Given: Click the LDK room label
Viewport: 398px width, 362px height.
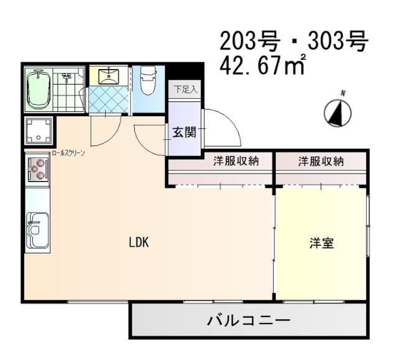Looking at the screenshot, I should [x=138, y=243].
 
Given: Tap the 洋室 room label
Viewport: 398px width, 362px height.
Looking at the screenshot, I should [x=322, y=243].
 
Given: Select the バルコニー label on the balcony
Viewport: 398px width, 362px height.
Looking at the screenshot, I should [x=248, y=322].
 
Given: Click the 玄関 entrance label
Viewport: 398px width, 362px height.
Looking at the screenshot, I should [x=184, y=132].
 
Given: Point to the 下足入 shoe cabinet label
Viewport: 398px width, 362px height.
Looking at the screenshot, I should [x=185, y=90].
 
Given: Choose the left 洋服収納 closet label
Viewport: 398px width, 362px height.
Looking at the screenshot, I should [x=236, y=162].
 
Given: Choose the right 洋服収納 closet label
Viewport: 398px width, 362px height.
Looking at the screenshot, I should [x=320, y=162].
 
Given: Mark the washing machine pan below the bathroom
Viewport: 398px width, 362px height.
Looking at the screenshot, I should [x=38, y=131].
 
